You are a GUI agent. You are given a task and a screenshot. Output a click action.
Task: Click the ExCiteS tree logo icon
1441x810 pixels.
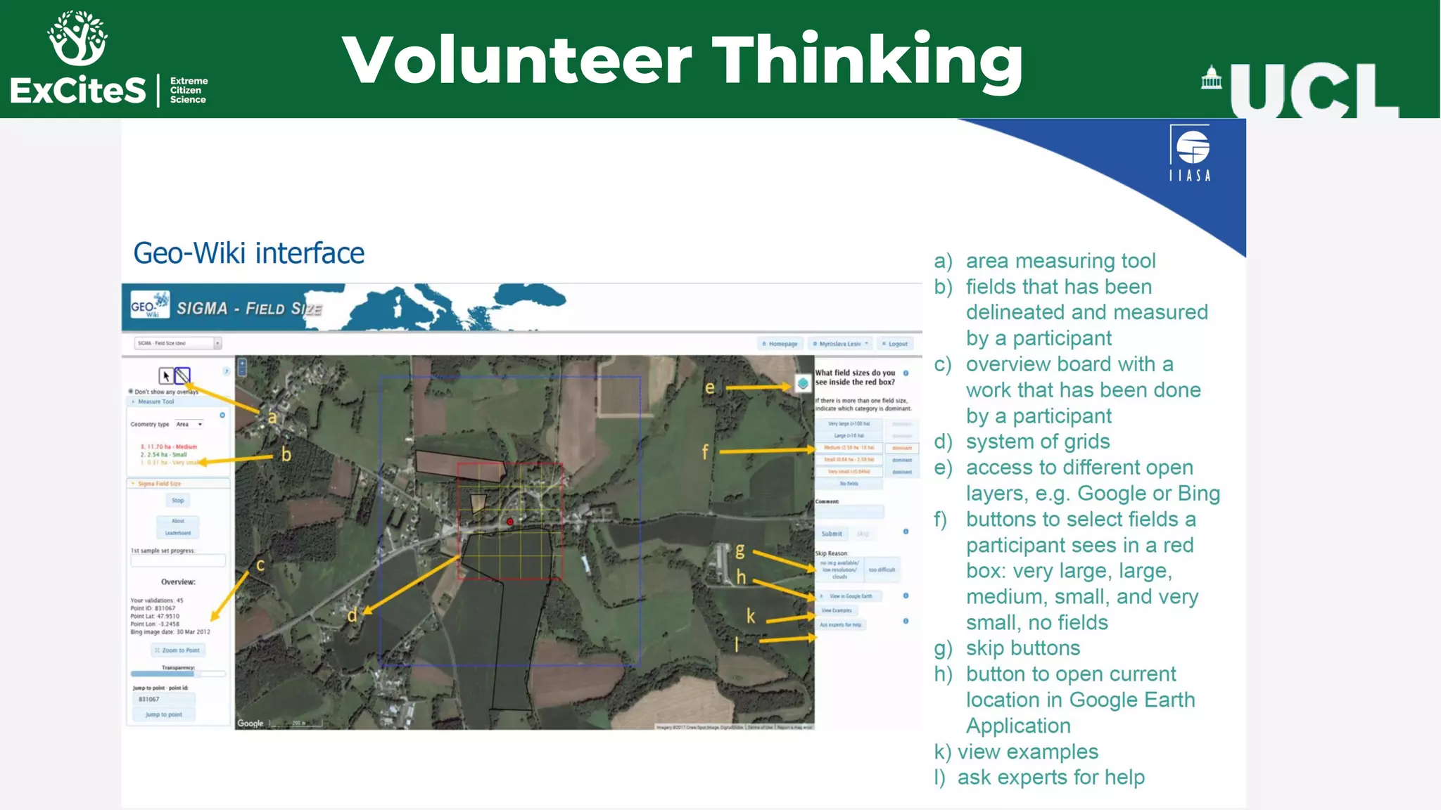[x=77, y=38]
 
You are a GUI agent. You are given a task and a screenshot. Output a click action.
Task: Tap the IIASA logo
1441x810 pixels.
[x=1190, y=153]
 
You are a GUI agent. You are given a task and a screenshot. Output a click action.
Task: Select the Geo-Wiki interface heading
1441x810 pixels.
[x=248, y=253]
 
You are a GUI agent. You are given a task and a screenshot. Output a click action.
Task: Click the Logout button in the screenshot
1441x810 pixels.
[x=895, y=344]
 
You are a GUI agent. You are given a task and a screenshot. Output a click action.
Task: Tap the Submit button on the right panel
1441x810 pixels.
[x=831, y=534]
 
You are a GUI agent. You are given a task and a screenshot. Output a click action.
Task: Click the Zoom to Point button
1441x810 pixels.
[x=178, y=650]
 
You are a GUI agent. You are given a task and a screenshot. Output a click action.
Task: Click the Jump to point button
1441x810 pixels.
[x=164, y=714]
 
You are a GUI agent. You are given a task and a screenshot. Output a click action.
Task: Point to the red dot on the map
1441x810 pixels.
[x=510, y=522]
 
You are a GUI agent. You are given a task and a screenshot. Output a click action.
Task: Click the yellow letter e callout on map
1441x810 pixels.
[x=709, y=387]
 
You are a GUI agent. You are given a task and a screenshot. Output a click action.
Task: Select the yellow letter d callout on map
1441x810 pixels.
[x=352, y=616]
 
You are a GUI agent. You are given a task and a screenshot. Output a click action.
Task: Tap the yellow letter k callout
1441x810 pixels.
[x=751, y=617]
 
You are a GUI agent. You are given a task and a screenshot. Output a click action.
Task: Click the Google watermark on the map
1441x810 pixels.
[x=250, y=723]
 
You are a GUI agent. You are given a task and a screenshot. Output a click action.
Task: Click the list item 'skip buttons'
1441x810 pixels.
[x=1022, y=648]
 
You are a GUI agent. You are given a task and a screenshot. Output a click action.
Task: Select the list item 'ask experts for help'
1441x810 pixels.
[x=1050, y=778]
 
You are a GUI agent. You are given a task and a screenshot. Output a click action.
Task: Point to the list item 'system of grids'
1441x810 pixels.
[x=1037, y=442]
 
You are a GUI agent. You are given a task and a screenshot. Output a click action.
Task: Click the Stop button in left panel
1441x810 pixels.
[x=178, y=501]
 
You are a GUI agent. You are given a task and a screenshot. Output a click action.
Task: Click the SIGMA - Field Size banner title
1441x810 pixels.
[x=248, y=309]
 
